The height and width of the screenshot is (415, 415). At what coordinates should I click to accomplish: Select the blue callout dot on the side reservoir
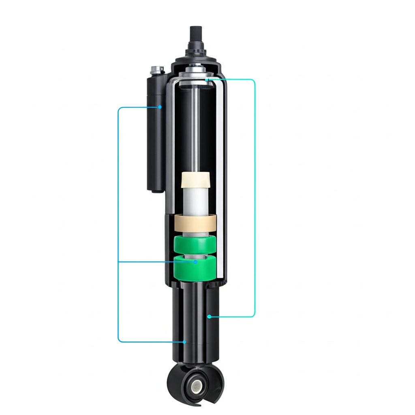point(160,107)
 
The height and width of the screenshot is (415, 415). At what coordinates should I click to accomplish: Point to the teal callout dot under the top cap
point(207,80)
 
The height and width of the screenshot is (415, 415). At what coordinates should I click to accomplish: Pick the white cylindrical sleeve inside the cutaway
point(195,201)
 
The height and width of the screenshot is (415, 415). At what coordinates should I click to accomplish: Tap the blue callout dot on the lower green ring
point(196,262)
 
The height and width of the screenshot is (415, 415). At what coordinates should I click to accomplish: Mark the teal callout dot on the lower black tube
point(209,316)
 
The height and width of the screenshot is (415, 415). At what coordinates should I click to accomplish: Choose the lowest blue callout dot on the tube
point(184,342)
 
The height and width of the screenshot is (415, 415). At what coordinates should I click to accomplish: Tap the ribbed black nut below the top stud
point(196,52)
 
